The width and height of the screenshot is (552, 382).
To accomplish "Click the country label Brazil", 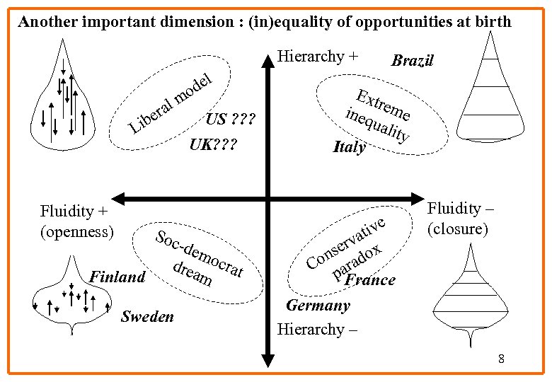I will click(412, 61).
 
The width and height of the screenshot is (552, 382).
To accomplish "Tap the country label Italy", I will click(350, 147).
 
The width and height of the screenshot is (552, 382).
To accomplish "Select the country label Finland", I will click(117, 277).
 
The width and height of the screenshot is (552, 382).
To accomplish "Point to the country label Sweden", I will click(147, 316).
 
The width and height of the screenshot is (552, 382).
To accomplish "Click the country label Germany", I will click(318, 306).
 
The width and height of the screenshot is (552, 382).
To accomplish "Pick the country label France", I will click(369, 280).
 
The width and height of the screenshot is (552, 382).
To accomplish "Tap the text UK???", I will click(212, 146).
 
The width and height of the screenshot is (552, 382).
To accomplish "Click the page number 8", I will click(501, 359).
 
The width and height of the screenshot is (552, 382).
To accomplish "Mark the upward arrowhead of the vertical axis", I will click(268, 60).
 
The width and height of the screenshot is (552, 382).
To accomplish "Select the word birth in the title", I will click(491, 21).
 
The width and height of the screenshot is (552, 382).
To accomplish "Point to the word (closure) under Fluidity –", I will click(457, 229).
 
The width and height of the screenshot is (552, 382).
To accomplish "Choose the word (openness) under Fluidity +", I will click(77, 231).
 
